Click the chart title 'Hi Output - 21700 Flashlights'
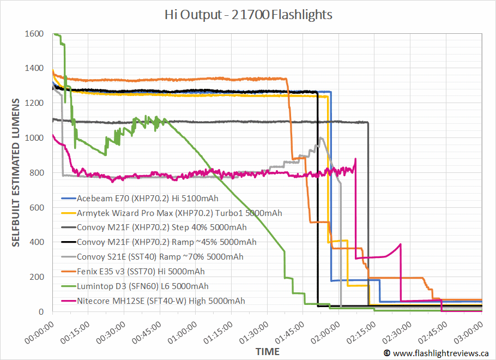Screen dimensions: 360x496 click(248, 14)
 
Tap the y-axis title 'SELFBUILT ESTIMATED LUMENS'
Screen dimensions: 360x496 click(16, 172)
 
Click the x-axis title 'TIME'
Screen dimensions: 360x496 click(267, 351)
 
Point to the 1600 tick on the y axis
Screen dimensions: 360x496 click(35, 34)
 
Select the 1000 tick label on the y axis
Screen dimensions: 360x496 click(35, 138)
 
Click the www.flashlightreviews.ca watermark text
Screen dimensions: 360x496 click(440, 353)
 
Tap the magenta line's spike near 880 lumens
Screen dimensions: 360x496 click(355, 159)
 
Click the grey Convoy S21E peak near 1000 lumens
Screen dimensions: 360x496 click(322, 138)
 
